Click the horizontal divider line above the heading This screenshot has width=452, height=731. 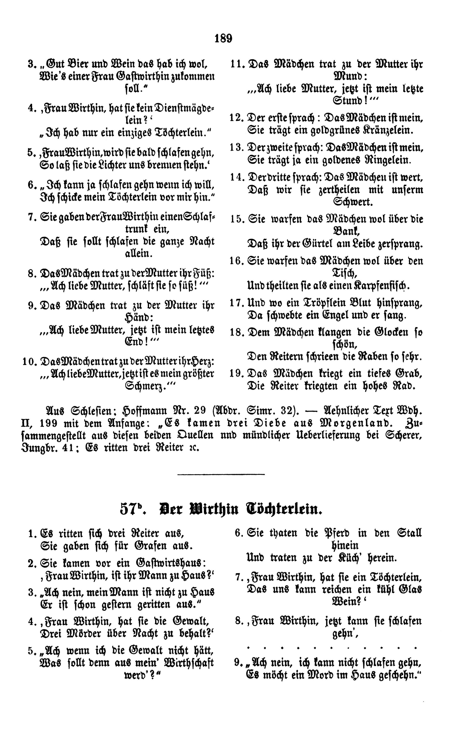(x=221, y=474)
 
